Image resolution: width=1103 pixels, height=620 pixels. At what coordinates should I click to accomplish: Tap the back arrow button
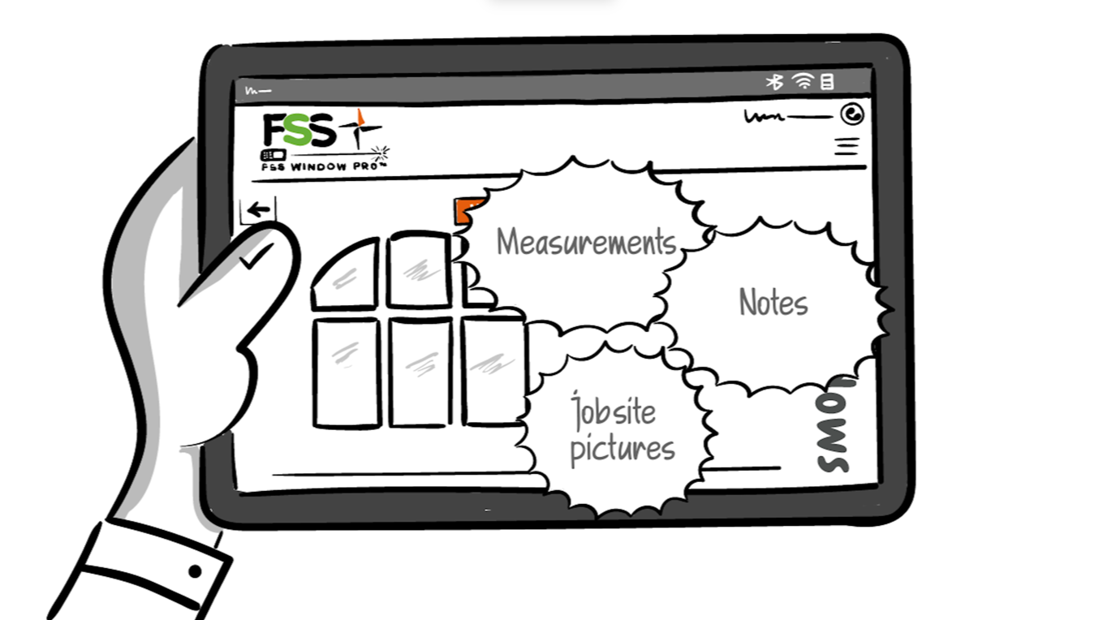click(x=258, y=210)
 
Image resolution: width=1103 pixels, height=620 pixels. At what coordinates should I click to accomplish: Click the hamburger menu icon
click(x=847, y=147)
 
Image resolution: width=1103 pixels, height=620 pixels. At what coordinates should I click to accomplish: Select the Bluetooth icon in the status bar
click(x=775, y=82)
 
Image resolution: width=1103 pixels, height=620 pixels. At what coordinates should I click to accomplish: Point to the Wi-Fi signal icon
click(x=803, y=81)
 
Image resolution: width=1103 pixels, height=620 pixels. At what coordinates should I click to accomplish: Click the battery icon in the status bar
click(x=827, y=81)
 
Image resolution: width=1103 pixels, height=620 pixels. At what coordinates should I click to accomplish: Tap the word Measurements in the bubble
click(x=586, y=243)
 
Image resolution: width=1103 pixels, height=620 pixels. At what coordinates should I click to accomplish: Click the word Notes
click(x=773, y=303)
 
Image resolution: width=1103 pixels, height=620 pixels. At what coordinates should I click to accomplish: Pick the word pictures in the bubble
click(x=622, y=449)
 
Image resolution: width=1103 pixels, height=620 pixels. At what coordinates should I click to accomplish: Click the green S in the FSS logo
click(x=297, y=131)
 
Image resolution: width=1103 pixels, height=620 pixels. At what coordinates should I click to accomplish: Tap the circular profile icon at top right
click(x=852, y=115)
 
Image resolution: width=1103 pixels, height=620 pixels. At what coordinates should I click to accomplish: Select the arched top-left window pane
click(x=347, y=277)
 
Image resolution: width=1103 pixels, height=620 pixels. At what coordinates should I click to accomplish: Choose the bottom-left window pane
click(x=347, y=372)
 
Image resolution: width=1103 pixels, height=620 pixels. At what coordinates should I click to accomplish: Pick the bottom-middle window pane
click(x=420, y=372)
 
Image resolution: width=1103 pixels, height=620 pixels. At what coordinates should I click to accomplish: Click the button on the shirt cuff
click(x=195, y=571)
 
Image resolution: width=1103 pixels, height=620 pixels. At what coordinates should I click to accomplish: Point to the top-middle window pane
click(x=419, y=269)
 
